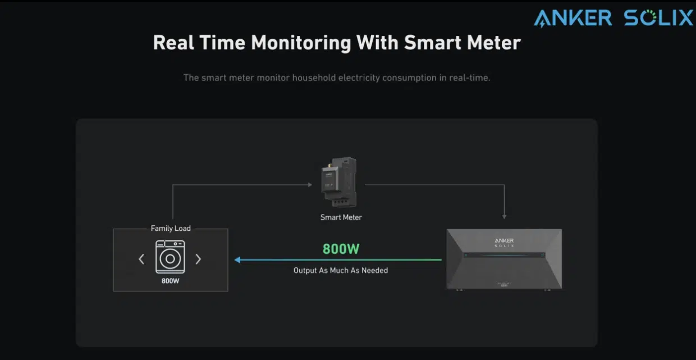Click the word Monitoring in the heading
click(301, 43)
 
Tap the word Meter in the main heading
click(493, 42)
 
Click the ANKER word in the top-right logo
click(573, 18)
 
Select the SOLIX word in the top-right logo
click(658, 17)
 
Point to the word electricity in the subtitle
click(359, 78)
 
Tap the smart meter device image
click(339, 182)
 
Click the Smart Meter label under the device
click(341, 217)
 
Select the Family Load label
click(171, 229)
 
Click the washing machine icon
click(170, 257)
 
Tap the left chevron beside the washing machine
click(141, 259)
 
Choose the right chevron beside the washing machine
click(198, 259)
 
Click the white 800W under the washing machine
click(170, 281)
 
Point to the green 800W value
click(341, 249)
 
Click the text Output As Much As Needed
click(341, 271)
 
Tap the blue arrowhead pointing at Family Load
click(237, 260)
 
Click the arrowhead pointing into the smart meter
click(310, 185)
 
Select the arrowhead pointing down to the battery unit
click(504, 217)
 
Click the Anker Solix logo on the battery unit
click(504, 243)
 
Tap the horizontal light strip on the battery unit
click(504, 255)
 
